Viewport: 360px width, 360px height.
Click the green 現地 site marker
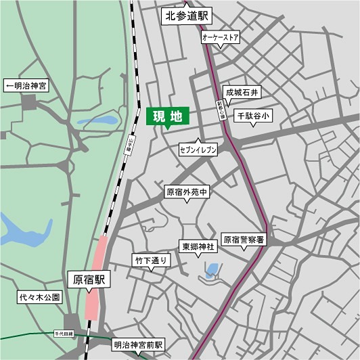[167, 116]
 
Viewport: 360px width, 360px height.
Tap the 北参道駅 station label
[187, 16]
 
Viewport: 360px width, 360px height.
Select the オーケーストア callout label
[221, 39]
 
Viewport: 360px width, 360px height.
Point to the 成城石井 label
[242, 91]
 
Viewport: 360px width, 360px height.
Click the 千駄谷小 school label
[252, 116]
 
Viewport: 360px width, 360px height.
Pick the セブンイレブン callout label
[198, 148]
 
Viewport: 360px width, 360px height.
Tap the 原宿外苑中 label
[186, 192]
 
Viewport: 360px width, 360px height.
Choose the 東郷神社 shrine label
[197, 247]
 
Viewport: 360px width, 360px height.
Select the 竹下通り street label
[150, 259]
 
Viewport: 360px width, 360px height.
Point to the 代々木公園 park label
[39, 298]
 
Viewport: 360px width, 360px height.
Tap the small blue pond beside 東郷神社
[212, 271]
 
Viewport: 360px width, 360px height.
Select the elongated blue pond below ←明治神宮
[97, 121]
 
